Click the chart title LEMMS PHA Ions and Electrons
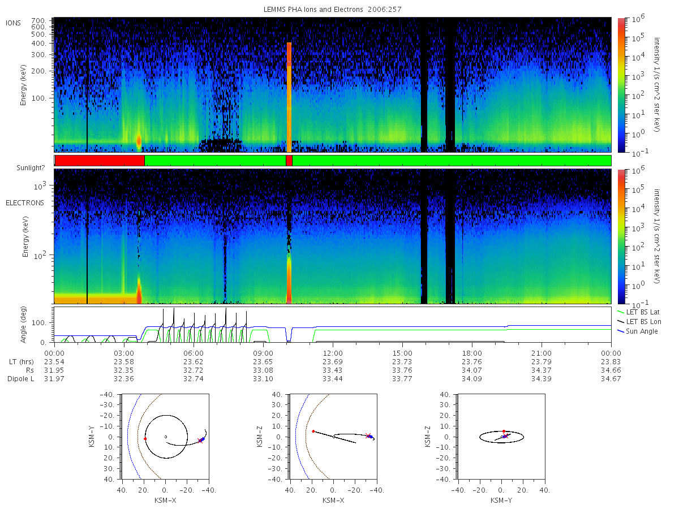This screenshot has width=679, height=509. point(313,10)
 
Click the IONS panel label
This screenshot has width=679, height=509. point(14,23)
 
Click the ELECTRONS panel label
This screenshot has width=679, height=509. point(25,202)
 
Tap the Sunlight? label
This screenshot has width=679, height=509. point(31,168)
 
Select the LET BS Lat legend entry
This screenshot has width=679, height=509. point(639,312)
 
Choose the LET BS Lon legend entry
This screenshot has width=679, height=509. point(639,322)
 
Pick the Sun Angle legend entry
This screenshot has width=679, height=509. point(638,331)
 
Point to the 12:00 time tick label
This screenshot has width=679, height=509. point(333,353)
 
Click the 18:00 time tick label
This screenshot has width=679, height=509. point(472,353)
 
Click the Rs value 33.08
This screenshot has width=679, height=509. point(263,370)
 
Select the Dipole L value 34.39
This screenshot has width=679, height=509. point(542,378)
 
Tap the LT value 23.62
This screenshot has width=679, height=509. point(194,362)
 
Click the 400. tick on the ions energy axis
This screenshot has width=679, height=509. point(38,44)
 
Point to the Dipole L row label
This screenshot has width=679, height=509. point(20,379)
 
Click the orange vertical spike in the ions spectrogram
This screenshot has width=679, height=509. point(289,97)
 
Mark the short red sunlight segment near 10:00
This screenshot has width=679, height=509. point(289,161)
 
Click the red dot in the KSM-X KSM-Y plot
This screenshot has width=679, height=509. point(145,439)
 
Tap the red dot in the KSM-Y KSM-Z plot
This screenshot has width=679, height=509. point(504,431)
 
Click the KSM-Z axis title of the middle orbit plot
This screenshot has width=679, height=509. point(260,437)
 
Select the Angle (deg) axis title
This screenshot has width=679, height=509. point(23,325)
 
